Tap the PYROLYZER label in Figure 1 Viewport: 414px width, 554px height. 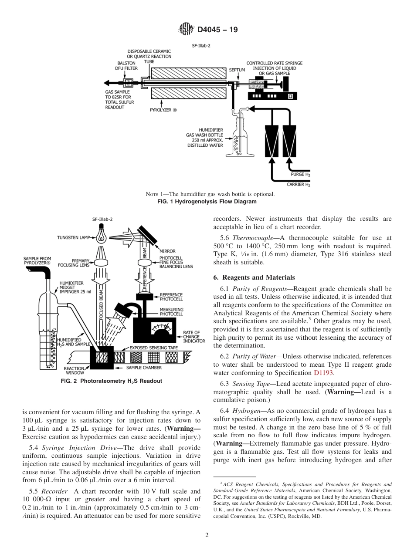point(163,110)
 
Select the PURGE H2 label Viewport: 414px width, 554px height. point(301,174)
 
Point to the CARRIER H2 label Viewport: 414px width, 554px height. point(299,185)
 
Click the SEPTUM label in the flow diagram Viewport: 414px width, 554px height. point(237,70)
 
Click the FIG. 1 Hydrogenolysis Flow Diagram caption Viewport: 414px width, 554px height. point(207,202)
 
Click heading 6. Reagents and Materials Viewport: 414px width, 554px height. point(254,277)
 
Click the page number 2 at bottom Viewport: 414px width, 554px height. point(207,535)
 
